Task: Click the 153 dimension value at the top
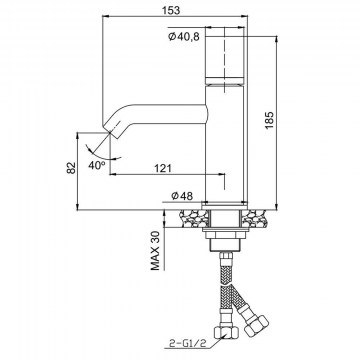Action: [172, 10]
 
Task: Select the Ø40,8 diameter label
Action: [184, 36]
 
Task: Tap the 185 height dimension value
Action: [269, 120]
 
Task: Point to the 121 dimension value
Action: [163, 168]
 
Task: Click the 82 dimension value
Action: [71, 168]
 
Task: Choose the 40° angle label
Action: [97, 165]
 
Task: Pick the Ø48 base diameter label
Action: [182, 196]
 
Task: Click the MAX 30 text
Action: [156, 251]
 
